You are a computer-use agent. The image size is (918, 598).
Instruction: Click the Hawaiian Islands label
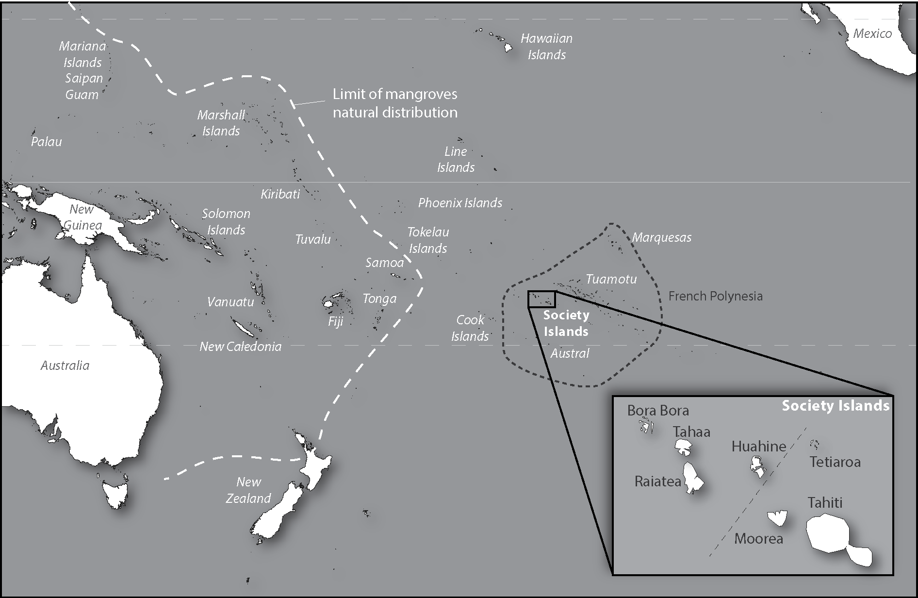click(546, 47)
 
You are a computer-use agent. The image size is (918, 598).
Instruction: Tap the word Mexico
click(872, 33)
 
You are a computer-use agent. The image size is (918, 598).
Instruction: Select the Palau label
click(47, 142)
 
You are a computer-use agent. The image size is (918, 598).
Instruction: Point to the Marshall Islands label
click(221, 123)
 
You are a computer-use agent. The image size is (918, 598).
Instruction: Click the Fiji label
click(335, 321)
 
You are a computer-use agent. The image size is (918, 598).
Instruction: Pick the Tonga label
click(379, 299)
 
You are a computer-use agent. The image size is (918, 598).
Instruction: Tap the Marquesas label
click(661, 238)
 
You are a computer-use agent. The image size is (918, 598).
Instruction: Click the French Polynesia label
click(715, 296)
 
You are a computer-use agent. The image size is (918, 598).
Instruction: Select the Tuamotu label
click(611, 279)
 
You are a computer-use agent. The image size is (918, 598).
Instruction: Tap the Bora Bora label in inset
click(658, 411)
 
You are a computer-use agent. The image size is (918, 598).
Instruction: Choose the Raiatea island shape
click(692, 478)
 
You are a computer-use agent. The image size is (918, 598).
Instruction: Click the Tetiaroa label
click(835, 462)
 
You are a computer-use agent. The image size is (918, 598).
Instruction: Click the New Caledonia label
click(241, 347)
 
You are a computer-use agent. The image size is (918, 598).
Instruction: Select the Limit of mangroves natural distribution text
click(395, 103)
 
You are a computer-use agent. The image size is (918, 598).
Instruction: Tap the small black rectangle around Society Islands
click(541, 299)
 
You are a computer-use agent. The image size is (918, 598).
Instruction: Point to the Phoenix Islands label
click(460, 203)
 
